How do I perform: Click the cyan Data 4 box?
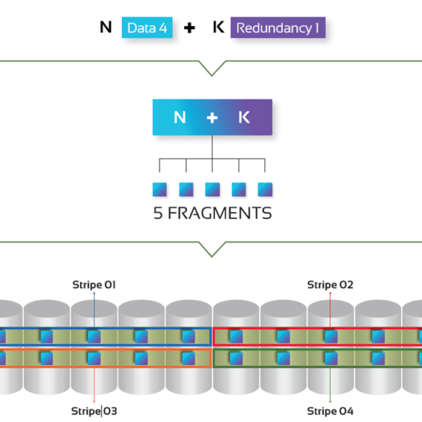[x=147, y=27]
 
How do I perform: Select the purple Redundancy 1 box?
[x=278, y=27]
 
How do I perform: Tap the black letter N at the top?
[x=105, y=27]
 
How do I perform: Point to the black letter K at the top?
[x=219, y=27]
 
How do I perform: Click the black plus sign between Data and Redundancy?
[x=190, y=27]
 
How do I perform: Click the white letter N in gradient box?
[x=180, y=118]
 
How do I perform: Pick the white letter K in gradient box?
[x=244, y=118]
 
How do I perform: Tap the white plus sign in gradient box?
[x=212, y=118]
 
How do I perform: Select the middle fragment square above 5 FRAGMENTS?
[x=212, y=190]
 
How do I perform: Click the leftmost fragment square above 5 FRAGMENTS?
[x=159, y=190]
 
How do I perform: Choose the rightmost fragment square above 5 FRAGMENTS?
[x=265, y=190]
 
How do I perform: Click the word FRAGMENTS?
[x=220, y=213]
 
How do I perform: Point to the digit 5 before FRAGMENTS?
[x=158, y=213]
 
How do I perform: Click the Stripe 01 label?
[x=94, y=285]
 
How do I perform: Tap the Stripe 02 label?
[x=330, y=285]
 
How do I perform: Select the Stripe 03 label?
[x=94, y=411]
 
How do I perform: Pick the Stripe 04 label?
[x=330, y=411]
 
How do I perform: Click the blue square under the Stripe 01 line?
[x=94, y=336]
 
